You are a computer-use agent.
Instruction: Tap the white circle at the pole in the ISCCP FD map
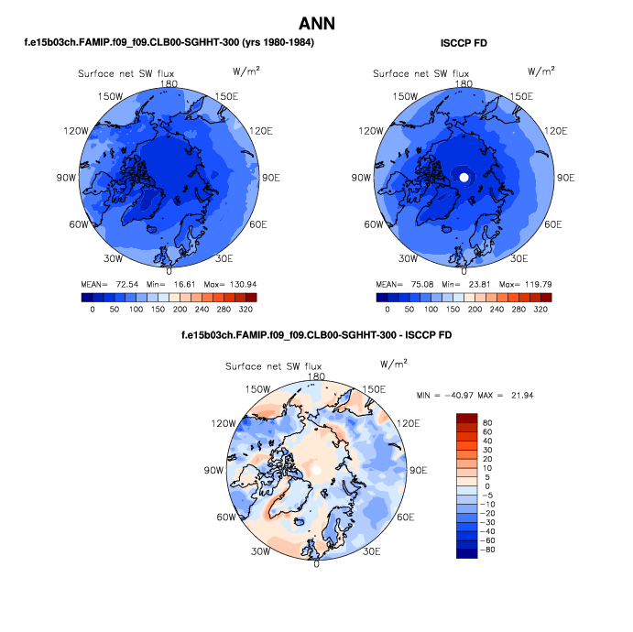[464, 176]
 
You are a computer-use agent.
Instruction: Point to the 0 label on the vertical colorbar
[487, 486]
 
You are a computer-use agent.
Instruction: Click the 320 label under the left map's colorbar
[250, 310]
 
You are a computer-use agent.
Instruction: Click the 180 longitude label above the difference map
[317, 376]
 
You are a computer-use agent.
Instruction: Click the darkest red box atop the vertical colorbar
[467, 418]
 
